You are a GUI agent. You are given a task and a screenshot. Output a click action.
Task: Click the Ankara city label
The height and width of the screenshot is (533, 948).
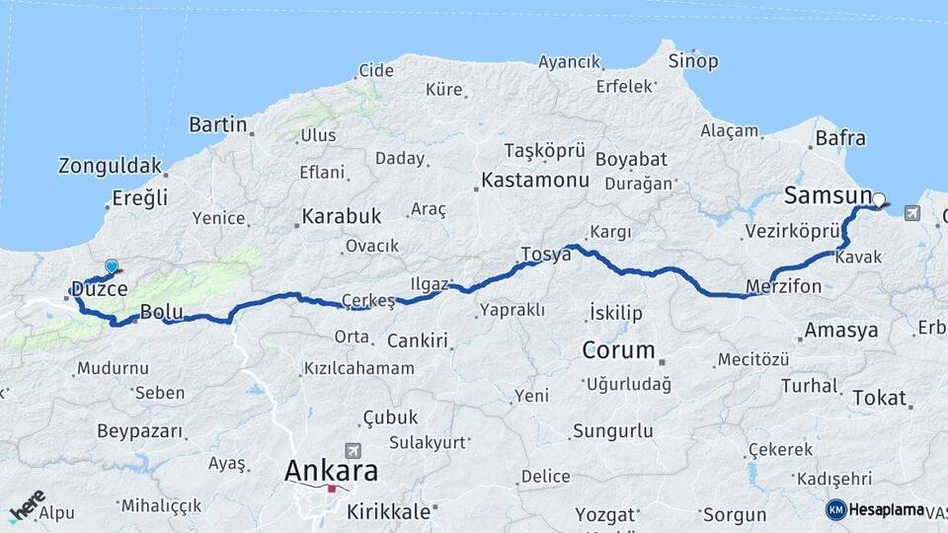pyautogui.click(x=330, y=471)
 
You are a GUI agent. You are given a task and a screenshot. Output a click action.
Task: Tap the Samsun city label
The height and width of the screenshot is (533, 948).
pyautogui.click(x=828, y=195)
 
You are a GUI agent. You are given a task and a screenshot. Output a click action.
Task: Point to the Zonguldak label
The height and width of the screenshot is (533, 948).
pyautogui.click(x=110, y=165)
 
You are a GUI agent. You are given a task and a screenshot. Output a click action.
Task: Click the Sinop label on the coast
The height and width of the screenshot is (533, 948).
pyautogui.click(x=693, y=61)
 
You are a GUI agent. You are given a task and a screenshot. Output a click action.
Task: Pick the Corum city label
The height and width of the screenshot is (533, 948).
pyautogui.click(x=618, y=349)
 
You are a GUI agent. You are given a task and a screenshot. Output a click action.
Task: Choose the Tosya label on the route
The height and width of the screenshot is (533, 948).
pyautogui.click(x=545, y=255)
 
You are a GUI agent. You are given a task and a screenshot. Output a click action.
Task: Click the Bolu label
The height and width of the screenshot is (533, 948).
pyautogui.click(x=161, y=312)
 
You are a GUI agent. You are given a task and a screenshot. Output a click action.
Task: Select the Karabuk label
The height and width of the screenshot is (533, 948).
pyautogui.click(x=342, y=215)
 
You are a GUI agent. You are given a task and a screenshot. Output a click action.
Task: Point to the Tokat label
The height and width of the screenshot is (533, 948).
pyautogui.click(x=879, y=398)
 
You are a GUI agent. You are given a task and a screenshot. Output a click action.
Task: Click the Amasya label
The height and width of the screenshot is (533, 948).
pyautogui.click(x=841, y=331)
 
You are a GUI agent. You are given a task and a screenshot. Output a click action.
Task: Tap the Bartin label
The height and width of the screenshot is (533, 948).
pyautogui.click(x=217, y=124)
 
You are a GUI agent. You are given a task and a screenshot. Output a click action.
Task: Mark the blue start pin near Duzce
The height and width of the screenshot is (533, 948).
pyautogui.click(x=112, y=266)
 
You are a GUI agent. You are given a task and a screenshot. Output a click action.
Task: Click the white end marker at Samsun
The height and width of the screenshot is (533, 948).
pyautogui.click(x=879, y=199)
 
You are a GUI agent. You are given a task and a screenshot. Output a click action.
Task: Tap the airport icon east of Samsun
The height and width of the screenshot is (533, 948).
pyautogui.click(x=909, y=212)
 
